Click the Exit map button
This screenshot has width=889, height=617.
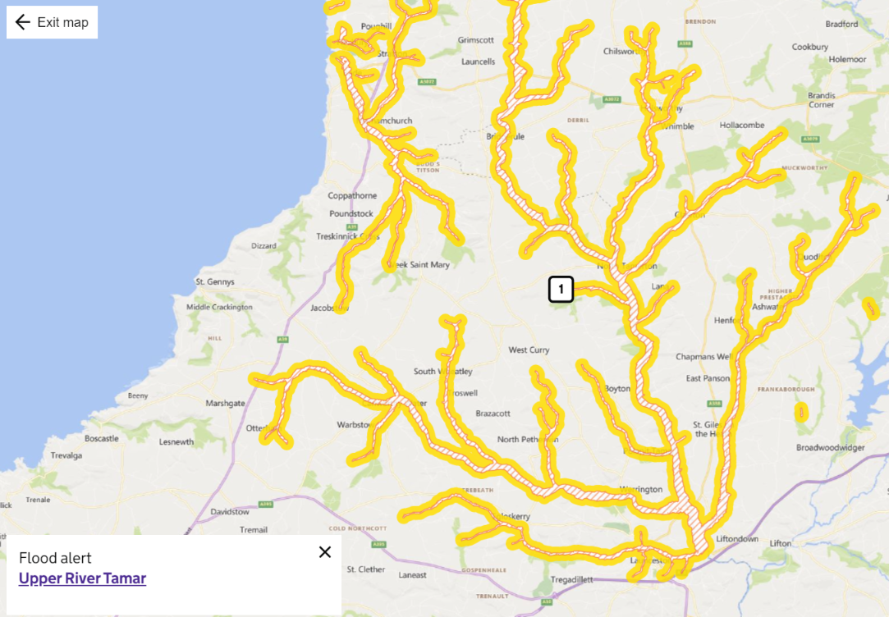click(x=52, y=22)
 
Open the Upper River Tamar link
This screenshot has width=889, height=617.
click(x=82, y=578)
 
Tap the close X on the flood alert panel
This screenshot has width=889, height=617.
click(x=325, y=552)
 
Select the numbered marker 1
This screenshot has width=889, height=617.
click(x=561, y=289)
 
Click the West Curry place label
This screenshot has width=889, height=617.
click(x=529, y=350)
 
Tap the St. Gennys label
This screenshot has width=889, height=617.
click(x=214, y=281)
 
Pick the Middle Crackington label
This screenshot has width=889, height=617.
click(x=220, y=307)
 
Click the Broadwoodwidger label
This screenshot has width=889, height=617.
click(x=831, y=448)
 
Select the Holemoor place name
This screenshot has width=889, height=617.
click(x=847, y=60)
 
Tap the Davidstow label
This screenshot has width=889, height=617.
click(x=230, y=512)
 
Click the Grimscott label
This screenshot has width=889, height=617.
click(x=476, y=39)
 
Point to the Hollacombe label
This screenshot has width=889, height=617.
click(x=741, y=126)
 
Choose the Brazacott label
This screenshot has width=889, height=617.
click(x=493, y=414)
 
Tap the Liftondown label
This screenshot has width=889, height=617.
click(x=737, y=539)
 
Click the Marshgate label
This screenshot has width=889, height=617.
click(x=225, y=404)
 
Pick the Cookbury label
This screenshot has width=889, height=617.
click(x=809, y=47)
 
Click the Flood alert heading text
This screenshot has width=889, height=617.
click(x=55, y=558)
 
